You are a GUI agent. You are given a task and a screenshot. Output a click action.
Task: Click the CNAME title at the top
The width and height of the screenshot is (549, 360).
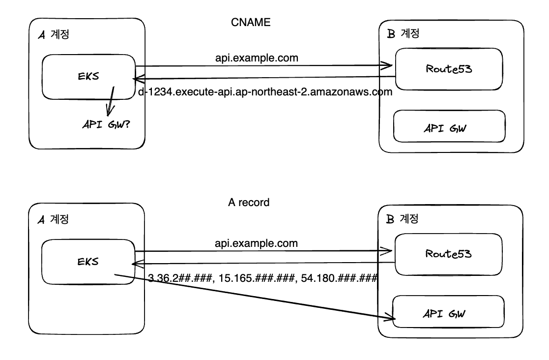[x=251, y=23]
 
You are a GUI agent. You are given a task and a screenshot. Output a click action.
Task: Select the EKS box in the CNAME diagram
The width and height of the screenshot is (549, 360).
[x=88, y=76]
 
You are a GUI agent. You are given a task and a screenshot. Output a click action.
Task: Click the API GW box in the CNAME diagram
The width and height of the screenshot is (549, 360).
[x=449, y=129]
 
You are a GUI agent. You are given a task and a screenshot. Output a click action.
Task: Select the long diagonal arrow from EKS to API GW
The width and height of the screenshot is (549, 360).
[x=256, y=297]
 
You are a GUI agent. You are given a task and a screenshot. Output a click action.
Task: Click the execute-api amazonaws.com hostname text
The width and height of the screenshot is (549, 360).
[x=265, y=91]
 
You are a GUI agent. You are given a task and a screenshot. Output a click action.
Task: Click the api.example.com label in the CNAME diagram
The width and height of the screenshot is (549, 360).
[x=257, y=58]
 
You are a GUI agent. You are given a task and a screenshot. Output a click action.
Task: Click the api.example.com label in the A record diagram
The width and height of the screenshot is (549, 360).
[x=257, y=243]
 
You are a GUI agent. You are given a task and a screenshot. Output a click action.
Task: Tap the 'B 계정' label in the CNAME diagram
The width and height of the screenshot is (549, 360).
[x=403, y=34]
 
